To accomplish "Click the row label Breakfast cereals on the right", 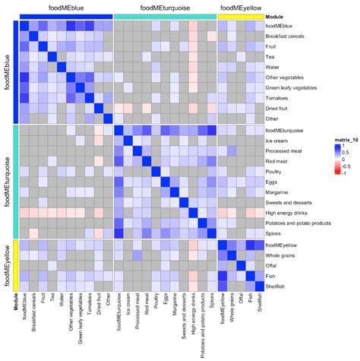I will coord(286,36).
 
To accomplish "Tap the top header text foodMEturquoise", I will coord(165,7).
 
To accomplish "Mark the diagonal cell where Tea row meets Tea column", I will coord(53,55).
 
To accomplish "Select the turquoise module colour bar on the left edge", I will coord(16,181).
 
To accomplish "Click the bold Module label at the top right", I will coord(276,16).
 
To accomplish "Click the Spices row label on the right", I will coord(274,233).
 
